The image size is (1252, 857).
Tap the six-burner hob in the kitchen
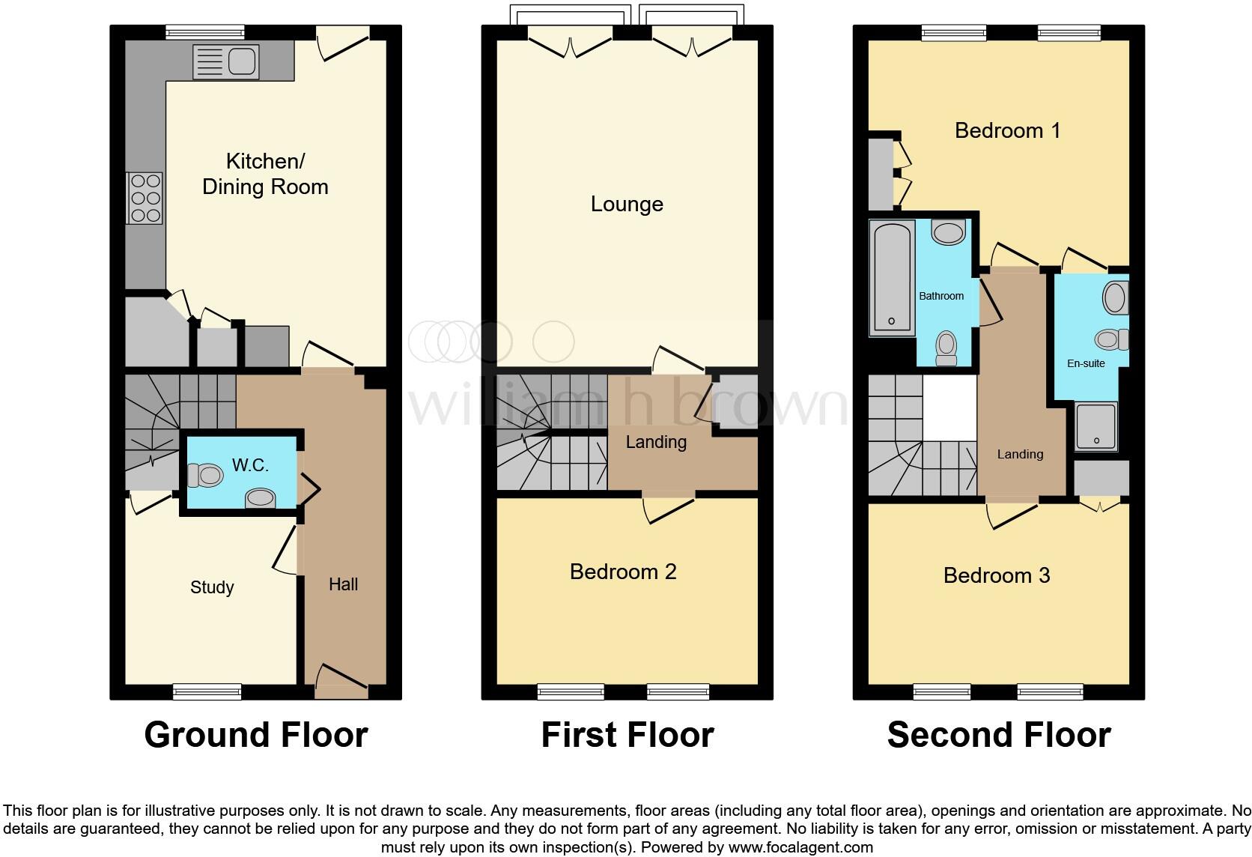(x=145, y=198)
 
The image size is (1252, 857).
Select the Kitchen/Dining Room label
(x=265, y=174)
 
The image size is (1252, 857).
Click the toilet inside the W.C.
(x=206, y=475)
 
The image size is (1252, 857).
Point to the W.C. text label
(x=250, y=465)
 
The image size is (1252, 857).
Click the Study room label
(x=212, y=587)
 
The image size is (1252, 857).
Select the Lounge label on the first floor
(x=627, y=204)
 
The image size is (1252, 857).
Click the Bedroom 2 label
(x=623, y=572)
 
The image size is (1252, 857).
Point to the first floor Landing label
(x=656, y=442)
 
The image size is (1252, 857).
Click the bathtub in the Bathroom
(x=892, y=277)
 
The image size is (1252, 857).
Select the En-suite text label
(x=1086, y=363)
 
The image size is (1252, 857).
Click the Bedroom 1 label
(x=1007, y=130)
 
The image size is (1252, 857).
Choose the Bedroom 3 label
(x=997, y=575)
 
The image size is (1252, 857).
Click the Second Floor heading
(x=998, y=735)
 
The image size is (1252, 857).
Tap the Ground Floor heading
(x=256, y=735)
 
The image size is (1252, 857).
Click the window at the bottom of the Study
(x=207, y=691)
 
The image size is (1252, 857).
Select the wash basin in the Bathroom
(x=949, y=233)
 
